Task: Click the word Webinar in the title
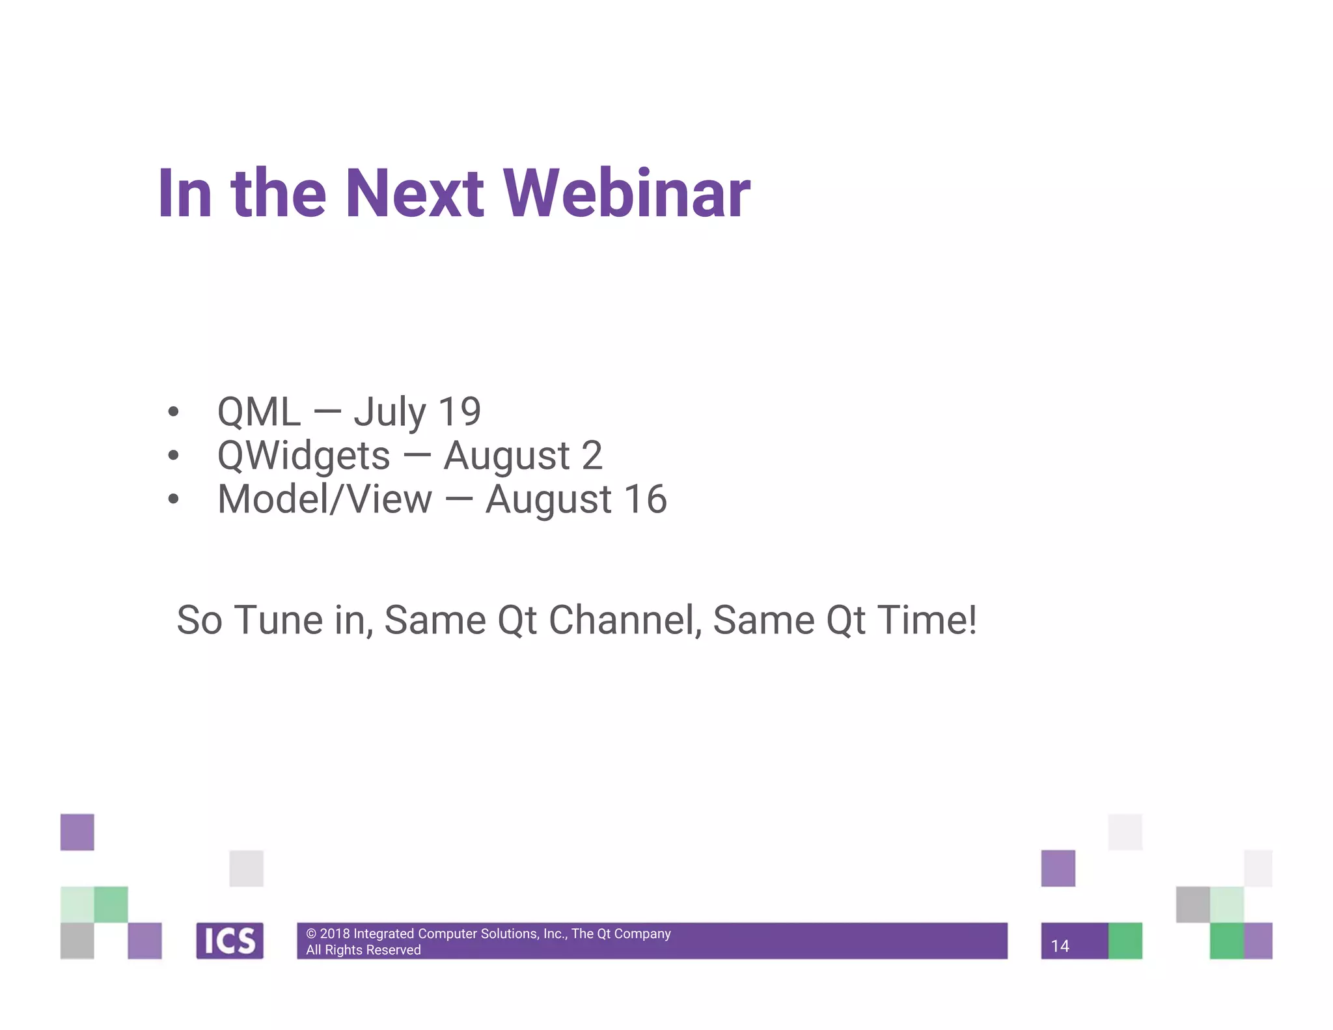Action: [x=627, y=193]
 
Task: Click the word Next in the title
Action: [x=414, y=193]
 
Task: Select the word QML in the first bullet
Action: [x=259, y=411]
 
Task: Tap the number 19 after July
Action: [x=460, y=411]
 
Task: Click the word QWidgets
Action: [x=303, y=456]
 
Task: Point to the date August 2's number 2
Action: [x=592, y=455]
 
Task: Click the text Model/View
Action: [x=324, y=499]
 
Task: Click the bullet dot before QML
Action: [x=173, y=411]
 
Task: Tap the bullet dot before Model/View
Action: [x=173, y=499]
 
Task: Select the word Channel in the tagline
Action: [x=625, y=620]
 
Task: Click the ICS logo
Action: [x=230, y=941]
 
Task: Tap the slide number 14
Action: [x=1060, y=946]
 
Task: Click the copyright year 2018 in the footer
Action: [x=335, y=934]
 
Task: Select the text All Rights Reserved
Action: [x=363, y=950]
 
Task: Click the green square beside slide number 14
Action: [x=1125, y=941]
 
